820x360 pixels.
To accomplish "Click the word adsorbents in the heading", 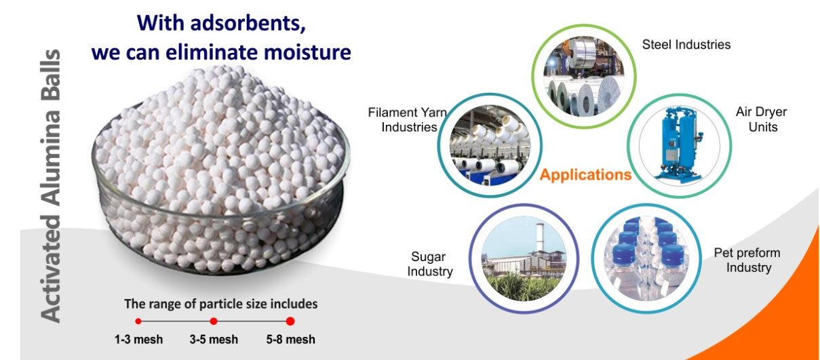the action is [248, 24].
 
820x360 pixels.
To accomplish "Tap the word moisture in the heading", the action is [307, 52].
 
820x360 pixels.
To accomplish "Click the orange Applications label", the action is [585, 175].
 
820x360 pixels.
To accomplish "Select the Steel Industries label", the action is [686, 45].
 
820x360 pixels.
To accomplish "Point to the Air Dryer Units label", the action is [762, 119].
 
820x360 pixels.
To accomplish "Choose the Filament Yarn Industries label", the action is [408, 119].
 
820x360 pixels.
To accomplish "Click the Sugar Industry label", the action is [430, 264].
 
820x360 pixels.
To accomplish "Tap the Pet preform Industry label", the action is [747, 260].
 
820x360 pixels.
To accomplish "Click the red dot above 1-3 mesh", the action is [138, 321].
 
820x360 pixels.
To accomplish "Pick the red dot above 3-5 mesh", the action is [214, 321].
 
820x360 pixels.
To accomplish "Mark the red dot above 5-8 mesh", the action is [290, 321].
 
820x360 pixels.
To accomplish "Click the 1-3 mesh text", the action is [139, 340].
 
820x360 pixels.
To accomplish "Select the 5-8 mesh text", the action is [291, 340].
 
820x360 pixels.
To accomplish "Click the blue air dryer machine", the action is [680, 145].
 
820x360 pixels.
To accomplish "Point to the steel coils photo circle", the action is [584, 77].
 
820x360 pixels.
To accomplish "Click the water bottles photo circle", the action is [646, 259].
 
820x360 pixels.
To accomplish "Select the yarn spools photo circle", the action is [490, 145].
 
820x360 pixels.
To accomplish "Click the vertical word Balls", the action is [50, 75].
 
